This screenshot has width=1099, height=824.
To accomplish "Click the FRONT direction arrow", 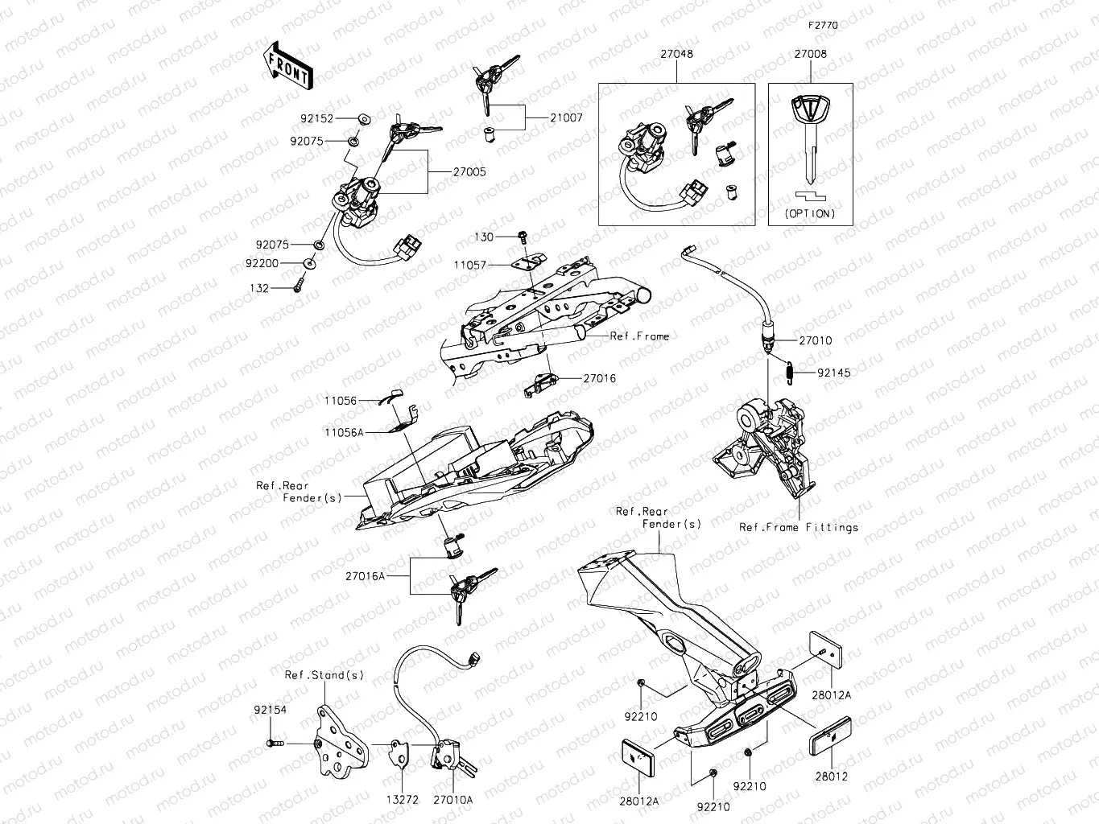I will point(287,65).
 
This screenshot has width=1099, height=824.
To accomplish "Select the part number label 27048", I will point(676,54).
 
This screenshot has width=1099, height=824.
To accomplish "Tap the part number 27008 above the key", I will point(810,54).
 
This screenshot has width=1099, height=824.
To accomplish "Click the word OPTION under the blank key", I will point(810,213).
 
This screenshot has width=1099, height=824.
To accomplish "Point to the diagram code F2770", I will point(824,25).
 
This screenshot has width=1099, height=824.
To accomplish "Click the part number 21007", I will point(566,117).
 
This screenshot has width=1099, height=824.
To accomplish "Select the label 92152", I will point(317,118).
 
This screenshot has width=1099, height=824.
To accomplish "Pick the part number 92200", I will point(262,263).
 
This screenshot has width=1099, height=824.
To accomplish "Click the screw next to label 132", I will point(297,285).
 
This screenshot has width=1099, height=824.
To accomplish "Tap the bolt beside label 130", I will point(523,237).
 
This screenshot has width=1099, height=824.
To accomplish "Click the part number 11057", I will point(470,264).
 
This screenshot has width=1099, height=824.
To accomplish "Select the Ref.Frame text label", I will point(639,336).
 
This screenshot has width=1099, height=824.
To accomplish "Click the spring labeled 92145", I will point(791,372).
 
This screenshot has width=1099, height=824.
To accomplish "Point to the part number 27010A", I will point(452,799).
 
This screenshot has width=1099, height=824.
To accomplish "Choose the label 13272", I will point(402,799).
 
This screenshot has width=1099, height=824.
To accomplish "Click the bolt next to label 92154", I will point(274,744).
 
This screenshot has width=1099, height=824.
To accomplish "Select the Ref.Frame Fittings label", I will point(799,527).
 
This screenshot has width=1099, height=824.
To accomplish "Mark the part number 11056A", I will point(344,432).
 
